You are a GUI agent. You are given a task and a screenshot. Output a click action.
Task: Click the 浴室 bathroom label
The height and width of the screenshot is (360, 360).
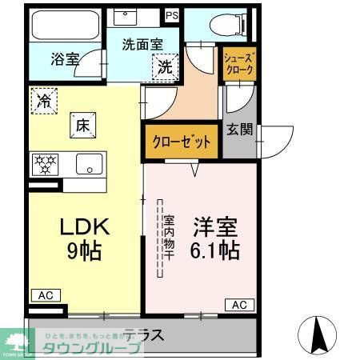65,58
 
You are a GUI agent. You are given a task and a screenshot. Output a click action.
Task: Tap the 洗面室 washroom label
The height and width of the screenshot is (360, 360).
142,46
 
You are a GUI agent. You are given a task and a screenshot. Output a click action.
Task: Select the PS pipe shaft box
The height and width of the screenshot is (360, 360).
172,15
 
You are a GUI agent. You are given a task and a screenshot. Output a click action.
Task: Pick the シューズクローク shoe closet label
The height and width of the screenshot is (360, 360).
239,64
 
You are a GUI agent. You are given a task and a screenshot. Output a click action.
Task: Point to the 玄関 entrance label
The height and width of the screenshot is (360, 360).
240,129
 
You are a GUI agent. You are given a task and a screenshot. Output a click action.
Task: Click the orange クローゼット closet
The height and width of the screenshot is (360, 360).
182,142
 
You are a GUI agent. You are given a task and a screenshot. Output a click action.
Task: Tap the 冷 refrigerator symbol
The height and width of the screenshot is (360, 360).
43,101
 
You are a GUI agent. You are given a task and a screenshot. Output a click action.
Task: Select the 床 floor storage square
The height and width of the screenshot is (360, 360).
82,123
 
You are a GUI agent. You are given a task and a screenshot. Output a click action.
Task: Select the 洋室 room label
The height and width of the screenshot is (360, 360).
210,226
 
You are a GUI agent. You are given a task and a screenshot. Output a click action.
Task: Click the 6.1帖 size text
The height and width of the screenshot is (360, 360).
210,250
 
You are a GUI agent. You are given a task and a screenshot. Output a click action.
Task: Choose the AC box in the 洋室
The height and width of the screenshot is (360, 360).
239,304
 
